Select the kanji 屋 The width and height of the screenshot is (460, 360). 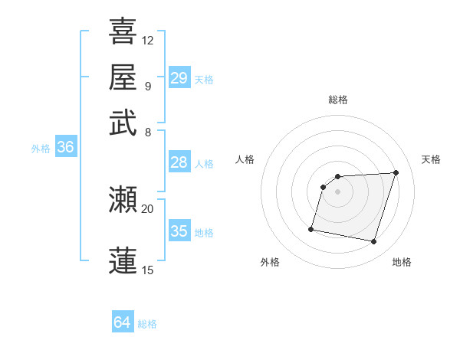tap(123, 77)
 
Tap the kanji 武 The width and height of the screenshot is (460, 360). tap(123, 123)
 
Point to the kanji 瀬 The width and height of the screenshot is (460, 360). tap(123, 200)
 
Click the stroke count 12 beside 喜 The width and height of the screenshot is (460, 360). tap(148, 40)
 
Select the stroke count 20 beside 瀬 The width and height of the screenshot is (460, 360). tap(148, 208)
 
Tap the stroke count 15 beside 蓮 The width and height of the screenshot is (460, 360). tap(148, 270)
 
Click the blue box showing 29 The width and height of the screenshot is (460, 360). tap(179, 77)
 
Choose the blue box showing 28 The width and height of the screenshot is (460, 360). tap(179, 162)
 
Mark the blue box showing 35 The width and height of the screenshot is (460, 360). tap(179, 231)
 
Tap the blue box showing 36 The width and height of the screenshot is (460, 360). tap(65, 148)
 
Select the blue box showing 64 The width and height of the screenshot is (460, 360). tap(123, 322)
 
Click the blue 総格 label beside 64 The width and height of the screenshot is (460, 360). tap(147, 324)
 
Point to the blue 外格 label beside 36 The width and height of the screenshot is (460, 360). tap(41, 149)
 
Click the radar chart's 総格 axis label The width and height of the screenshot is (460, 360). tap(338, 100)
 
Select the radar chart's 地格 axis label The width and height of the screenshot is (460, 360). tap(402, 262)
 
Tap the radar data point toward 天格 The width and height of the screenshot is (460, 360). tap(396, 172)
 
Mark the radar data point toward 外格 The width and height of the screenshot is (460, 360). tap(311, 229)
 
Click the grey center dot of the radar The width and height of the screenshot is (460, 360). tap(338, 191)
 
